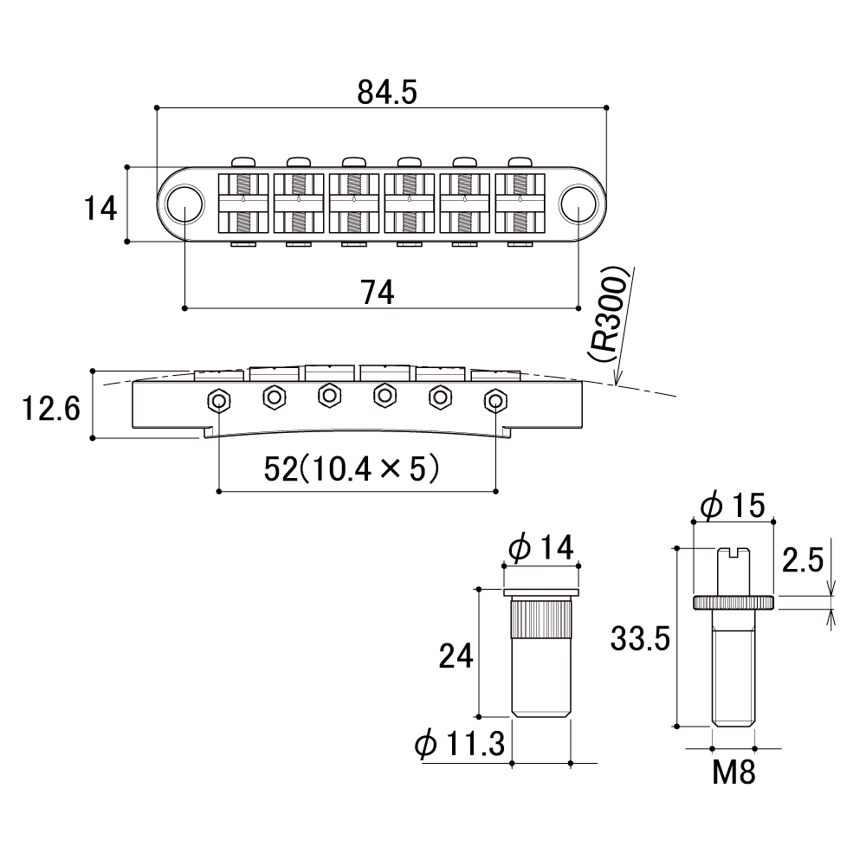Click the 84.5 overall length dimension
(386, 93)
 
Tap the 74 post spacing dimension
(378, 293)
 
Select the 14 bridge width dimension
(100, 209)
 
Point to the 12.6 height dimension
(51, 409)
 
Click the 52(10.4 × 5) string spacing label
(352, 469)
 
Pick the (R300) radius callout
(608, 314)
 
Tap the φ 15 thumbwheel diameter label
(733, 506)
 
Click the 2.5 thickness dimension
(803, 560)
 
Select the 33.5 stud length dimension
(640, 638)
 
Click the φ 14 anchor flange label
(541, 546)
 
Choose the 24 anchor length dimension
(456, 656)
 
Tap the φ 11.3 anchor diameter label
(460, 743)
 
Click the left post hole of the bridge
(184, 204)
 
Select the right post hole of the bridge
(578, 204)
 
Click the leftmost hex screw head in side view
(219, 400)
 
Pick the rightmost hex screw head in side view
(495, 400)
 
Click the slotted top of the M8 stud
(733, 552)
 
